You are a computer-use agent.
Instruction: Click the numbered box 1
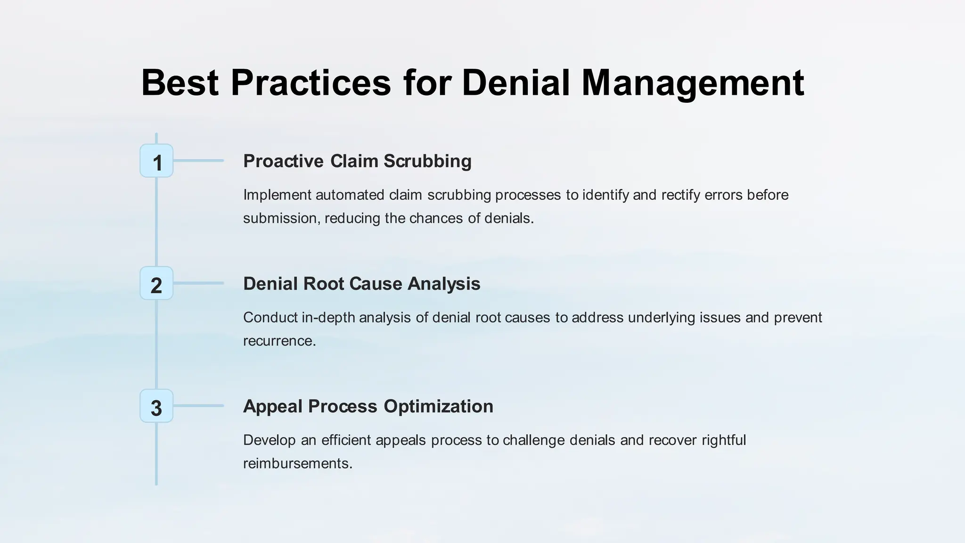click(156, 161)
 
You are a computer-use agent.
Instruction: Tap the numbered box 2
click(156, 284)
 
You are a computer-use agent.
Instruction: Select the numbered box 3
click(156, 406)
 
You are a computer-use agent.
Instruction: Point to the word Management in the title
click(693, 83)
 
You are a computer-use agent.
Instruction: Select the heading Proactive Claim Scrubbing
click(357, 161)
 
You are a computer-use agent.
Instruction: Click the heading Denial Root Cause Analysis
click(361, 284)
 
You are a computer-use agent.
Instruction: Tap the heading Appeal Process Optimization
click(368, 406)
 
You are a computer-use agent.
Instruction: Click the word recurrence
click(279, 341)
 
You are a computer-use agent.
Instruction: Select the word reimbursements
click(297, 463)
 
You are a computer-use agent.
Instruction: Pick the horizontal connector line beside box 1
click(198, 161)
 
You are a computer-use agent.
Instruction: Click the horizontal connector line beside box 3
click(198, 406)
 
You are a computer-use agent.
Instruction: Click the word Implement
click(277, 195)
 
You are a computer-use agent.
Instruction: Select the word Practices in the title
click(311, 83)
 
